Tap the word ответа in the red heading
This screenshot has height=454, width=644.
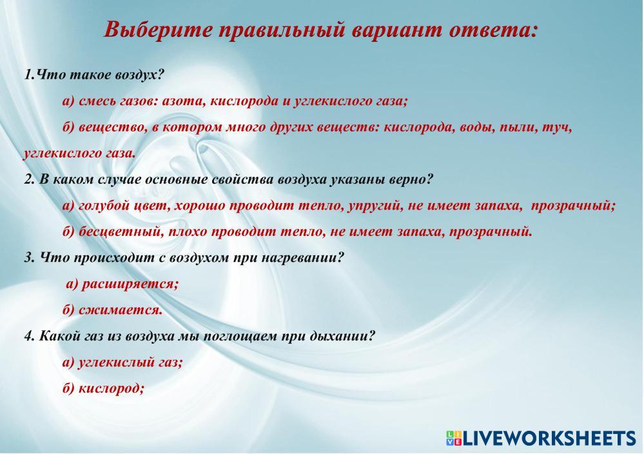click(493, 30)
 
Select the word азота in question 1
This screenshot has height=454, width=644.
click(183, 101)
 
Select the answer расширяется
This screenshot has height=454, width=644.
click(130, 284)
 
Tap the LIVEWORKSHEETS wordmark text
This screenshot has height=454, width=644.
click(549, 439)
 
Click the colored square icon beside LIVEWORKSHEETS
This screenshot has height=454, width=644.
click(453, 438)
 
